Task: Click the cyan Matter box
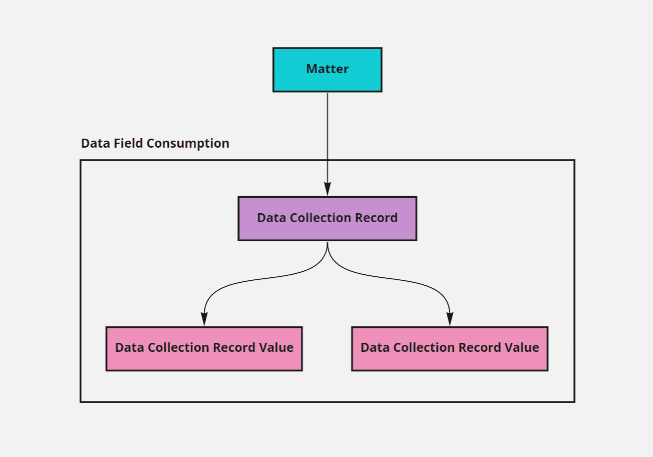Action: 327,70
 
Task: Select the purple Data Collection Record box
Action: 327,218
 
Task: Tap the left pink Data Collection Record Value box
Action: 204,348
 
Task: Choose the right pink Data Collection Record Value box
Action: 450,348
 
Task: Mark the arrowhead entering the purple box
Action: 328,189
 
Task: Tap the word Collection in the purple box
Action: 312,218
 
